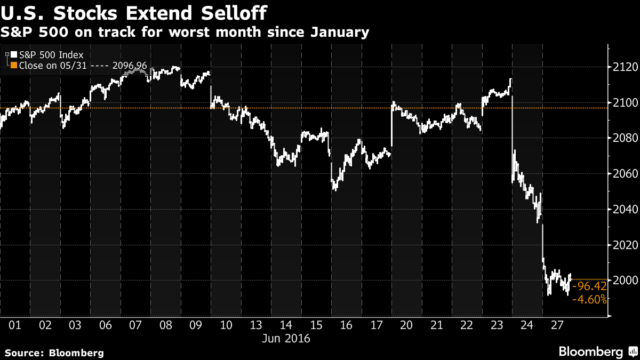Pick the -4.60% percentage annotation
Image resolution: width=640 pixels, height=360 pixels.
point(589,300)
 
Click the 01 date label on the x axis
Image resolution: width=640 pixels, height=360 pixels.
point(15,325)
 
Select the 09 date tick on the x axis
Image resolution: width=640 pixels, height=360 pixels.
point(196,325)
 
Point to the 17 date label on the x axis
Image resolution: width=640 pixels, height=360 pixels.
point(377,325)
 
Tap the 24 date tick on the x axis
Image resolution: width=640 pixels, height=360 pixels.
point(527,325)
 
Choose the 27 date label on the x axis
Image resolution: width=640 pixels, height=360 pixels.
point(557,325)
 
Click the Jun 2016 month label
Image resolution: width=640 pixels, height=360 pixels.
point(286,338)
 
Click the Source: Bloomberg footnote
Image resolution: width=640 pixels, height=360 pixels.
point(54,353)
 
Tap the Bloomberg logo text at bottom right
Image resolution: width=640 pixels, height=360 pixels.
point(590,351)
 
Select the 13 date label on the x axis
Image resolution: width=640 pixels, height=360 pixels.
point(256,325)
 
